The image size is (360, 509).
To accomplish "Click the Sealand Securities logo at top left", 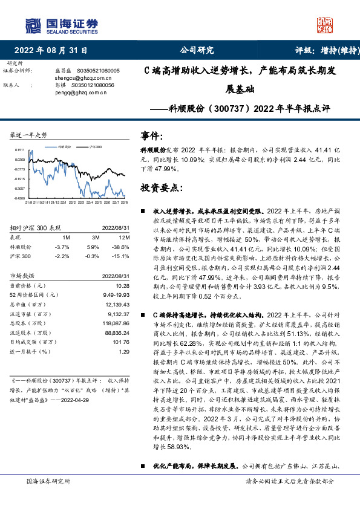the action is tap(61, 25).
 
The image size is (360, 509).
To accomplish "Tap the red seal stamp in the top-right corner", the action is tap(327, 24).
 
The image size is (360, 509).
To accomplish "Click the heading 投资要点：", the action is tap(161, 188).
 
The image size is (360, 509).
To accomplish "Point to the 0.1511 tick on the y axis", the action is tap(20, 149).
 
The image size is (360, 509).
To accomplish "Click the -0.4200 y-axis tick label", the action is tap(19, 198).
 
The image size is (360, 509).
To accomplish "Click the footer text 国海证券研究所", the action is tap(48, 499).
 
